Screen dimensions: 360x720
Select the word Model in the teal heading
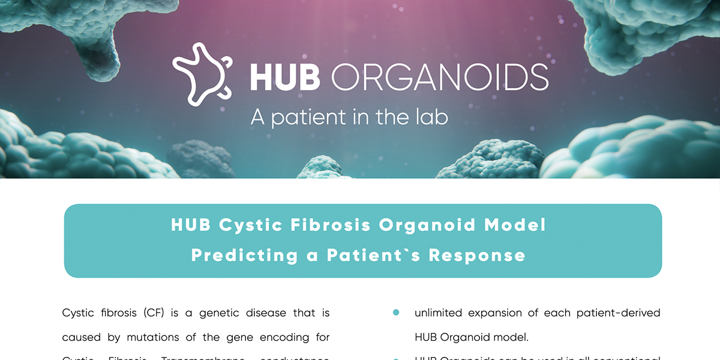[515, 226]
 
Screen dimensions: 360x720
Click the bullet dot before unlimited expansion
[396, 313]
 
